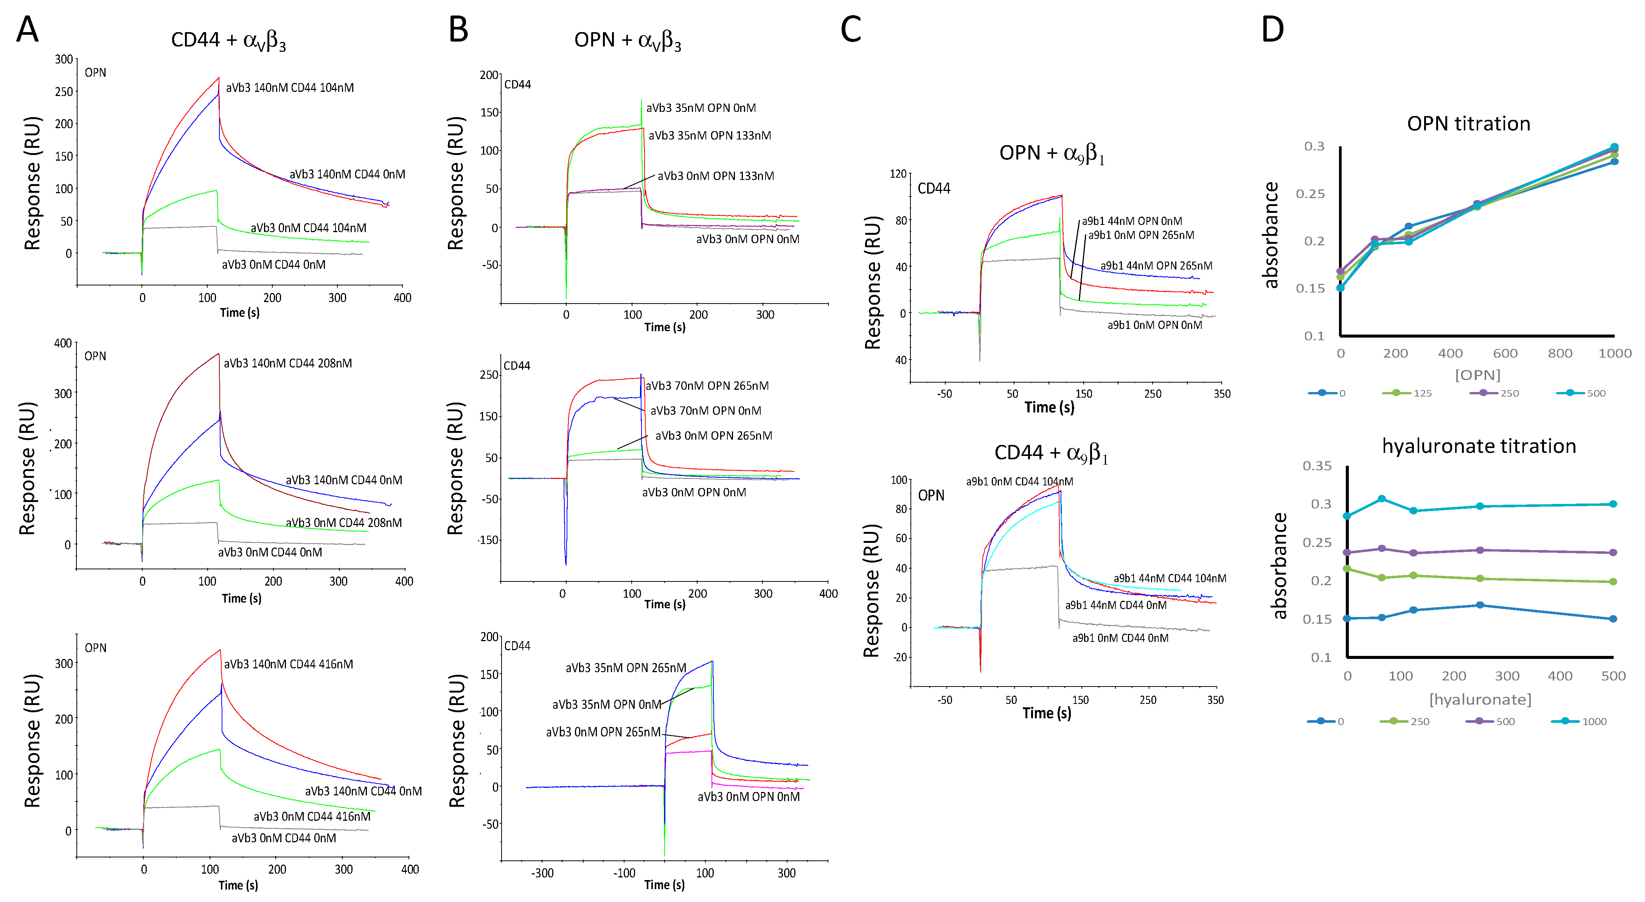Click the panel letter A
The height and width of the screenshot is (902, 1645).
28,30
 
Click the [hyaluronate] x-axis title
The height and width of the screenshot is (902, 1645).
1480,700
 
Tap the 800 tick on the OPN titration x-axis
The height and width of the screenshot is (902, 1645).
1560,353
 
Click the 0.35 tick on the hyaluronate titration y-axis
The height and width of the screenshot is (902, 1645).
1317,466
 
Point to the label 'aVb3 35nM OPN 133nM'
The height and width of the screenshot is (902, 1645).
710,135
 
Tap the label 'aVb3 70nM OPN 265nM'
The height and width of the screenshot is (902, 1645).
707,386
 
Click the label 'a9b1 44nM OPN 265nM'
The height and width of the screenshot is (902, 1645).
1156,265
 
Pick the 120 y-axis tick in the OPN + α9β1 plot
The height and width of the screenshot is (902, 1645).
898,174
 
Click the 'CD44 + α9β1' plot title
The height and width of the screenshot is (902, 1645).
1050,453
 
